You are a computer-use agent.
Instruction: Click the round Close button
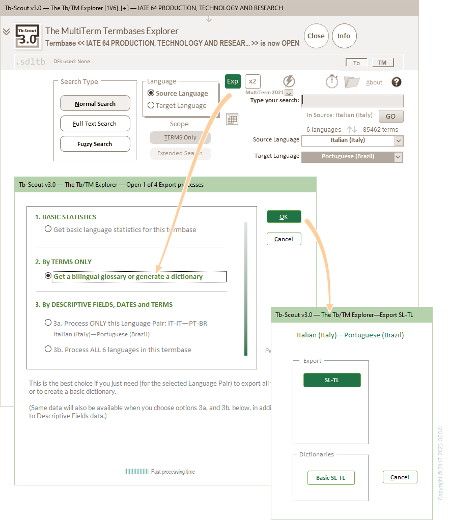pyautogui.click(x=316, y=36)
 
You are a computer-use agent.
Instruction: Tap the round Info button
pyautogui.click(x=344, y=36)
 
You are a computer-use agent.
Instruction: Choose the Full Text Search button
pyautogui.click(x=95, y=124)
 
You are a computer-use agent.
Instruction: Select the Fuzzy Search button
pyautogui.click(x=95, y=144)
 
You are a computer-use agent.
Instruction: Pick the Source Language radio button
pyautogui.click(x=151, y=93)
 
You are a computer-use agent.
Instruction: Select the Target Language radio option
pyautogui.click(x=151, y=105)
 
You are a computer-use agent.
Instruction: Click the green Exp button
pyautogui.click(x=233, y=81)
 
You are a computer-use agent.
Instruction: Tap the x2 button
pyautogui.click(x=252, y=81)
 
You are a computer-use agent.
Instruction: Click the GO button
pyautogui.click(x=390, y=116)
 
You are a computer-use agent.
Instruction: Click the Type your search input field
pyautogui.click(x=352, y=101)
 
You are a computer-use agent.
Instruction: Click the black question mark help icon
pyautogui.click(x=397, y=82)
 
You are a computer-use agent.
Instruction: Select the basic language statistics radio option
pyautogui.click(x=48, y=229)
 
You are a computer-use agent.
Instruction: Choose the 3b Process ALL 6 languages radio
pyautogui.click(x=48, y=350)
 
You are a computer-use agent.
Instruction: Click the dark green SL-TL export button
pyautogui.click(x=332, y=380)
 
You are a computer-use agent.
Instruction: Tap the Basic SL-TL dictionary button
pyautogui.click(x=331, y=478)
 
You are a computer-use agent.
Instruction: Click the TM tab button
pyautogui.click(x=382, y=63)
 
